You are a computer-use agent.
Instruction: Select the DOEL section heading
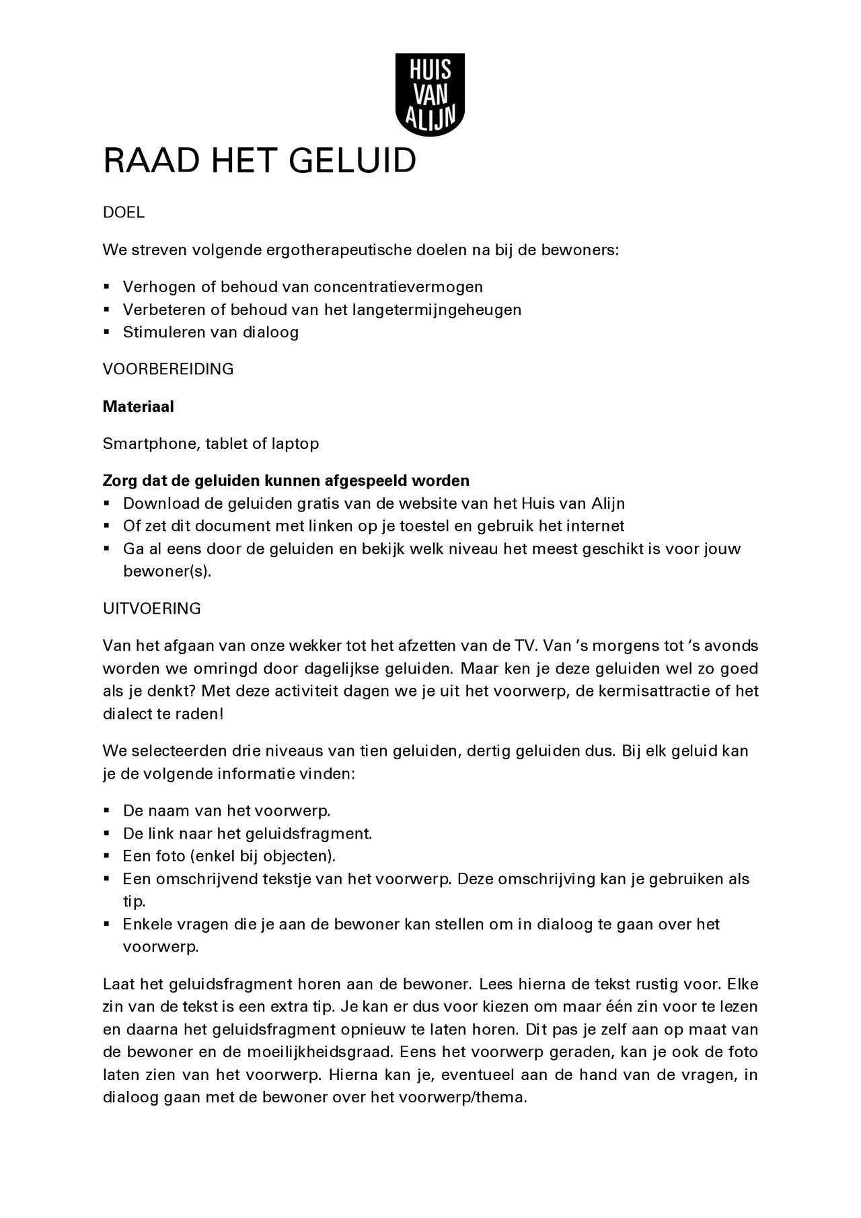pyautogui.click(x=123, y=213)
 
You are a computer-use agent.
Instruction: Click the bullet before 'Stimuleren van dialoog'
pyautogui.click(x=106, y=332)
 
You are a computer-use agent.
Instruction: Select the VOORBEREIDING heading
pyautogui.click(x=168, y=369)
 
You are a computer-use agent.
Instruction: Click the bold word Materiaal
pyautogui.click(x=138, y=406)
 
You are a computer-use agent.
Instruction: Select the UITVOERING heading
pyautogui.click(x=151, y=608)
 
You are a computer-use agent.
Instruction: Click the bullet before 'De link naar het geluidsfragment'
pyautogui.click(x=106, y=833)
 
